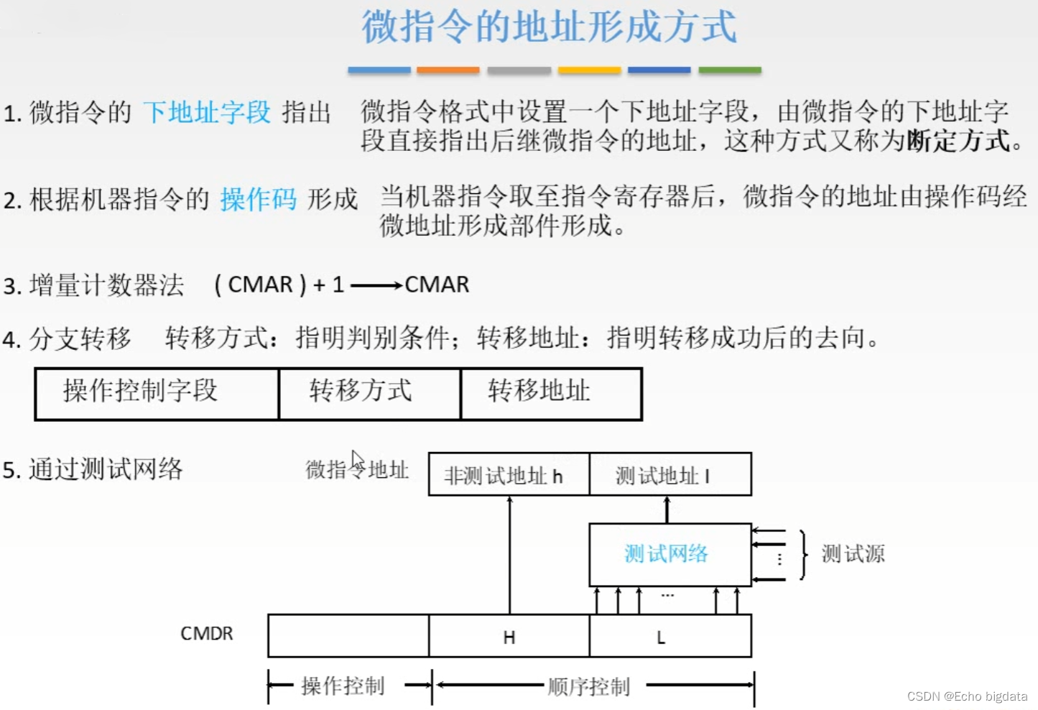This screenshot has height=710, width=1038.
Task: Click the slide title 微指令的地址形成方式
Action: click(x=549, y=27)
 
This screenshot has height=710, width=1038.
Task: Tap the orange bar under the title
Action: click(x=448, y=70)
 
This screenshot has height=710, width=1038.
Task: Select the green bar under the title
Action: click(x=729, y=70)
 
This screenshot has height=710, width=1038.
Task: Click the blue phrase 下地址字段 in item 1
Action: click(x=207, y=112)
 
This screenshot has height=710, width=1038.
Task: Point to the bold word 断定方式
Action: click(x=958, y=140)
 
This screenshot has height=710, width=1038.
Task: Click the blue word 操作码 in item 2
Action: click(x=258, y=199)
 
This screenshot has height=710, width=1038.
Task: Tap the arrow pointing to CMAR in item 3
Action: click(x=376, y=285)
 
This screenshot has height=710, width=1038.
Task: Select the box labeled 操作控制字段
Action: click(x=157, y=393)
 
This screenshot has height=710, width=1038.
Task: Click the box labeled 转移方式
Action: click(x=369, y=393)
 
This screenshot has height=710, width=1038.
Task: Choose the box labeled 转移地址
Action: click(x=550, y=393)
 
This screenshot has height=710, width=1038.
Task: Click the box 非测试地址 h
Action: click(x=509, y=474)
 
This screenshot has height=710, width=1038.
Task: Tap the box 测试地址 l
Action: click(x=669, y=474)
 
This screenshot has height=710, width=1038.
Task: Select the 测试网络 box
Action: click(x=669, y=554)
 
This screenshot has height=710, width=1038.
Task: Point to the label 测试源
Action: click(x=853, y=554)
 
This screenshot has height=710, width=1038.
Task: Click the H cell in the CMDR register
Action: click(x=509, y=636)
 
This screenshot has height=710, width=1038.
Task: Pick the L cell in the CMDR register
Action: click(x=669, y=636)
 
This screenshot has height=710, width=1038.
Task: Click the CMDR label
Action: click(x=206, y=634)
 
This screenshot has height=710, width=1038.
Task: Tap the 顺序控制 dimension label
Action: click(x=588, y=687)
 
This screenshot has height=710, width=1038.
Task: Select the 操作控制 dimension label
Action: click(x=343, y=686)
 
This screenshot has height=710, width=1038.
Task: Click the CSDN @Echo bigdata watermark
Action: click(x=966, y=696)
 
